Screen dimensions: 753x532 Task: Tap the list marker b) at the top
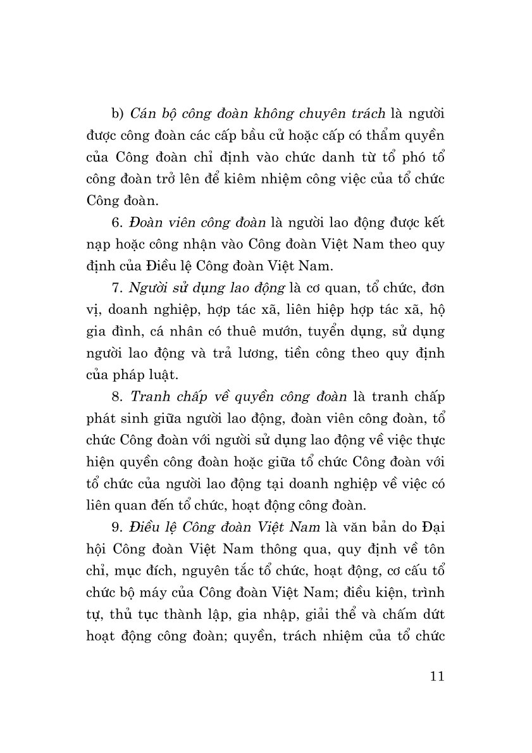point(116,114)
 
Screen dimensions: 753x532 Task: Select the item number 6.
point(115,222)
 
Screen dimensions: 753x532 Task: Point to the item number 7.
point(115,287)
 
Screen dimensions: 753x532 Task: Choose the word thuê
point(255,331)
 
